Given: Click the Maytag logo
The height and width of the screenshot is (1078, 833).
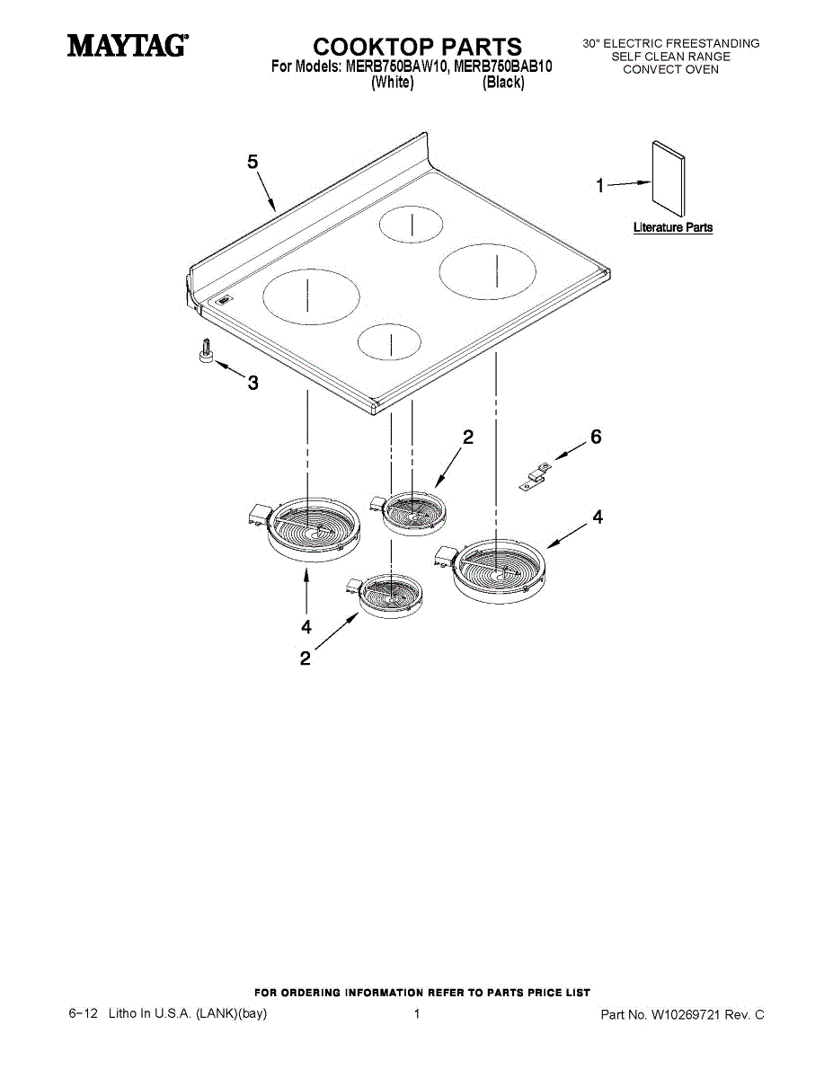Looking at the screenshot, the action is (x=127, y=44).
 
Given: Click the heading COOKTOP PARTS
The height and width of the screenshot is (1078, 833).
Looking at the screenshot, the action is (x=416, y=47).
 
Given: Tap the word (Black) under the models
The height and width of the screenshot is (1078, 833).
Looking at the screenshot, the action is (x=503, y=83).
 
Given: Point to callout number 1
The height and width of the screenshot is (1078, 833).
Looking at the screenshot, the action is (x=599, y=186).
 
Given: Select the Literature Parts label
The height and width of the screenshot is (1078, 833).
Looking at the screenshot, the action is (x=672, y=227).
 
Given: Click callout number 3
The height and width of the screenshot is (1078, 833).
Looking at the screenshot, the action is (x=253, y=384).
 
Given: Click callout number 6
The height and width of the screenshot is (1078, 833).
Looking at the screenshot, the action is (x=596, y=437).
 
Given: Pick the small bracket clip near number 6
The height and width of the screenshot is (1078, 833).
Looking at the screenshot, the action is (x=534, y=476).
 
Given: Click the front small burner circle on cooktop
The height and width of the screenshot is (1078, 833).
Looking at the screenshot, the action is (x=389, y=340).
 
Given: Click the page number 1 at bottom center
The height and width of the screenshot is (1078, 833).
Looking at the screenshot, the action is (x=417, y=1014).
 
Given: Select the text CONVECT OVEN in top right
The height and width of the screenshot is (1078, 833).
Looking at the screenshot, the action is (x=670, y=69).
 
